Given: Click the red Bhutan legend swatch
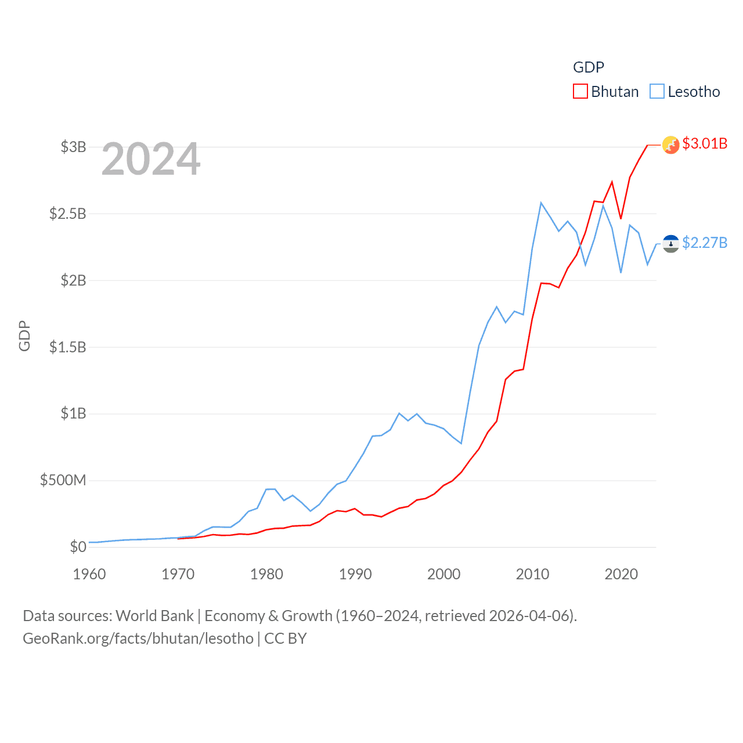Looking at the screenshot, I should point(580,92).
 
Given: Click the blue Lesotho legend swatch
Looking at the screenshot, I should point(657,92).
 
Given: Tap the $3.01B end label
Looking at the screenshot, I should point(705,143).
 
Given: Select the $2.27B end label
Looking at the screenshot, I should point(705,243).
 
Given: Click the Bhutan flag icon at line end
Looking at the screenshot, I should point(670,145).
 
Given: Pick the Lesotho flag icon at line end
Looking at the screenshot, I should point(670,244).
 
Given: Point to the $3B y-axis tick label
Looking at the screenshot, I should point(73,147).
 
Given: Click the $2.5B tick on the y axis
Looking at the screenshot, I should point(67,214).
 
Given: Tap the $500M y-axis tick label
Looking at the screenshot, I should point(63,480).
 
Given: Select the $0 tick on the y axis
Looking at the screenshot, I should point(78,547).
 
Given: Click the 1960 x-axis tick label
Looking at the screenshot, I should point(89,574).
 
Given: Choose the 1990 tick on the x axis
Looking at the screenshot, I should point(355,574).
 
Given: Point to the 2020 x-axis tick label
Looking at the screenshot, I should point(621,574).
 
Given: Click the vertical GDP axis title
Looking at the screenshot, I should point(24,336).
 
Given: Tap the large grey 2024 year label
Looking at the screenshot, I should point(151,159).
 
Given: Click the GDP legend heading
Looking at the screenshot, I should point(588,67).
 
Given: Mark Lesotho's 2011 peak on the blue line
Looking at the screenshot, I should point(541,203).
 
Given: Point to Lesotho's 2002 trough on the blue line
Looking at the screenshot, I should point(461,443).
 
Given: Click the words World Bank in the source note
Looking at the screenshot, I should point(155,615).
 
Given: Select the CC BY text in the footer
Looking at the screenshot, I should point(286,639).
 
